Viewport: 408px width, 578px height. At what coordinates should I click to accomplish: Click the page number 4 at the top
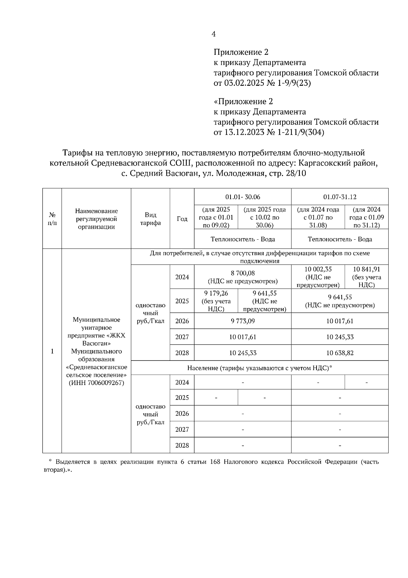[x=214, y=34]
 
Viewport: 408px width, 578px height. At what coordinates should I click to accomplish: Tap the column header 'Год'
[x=182, y=219]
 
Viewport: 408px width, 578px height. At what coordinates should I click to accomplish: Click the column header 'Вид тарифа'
[x=150, y=219]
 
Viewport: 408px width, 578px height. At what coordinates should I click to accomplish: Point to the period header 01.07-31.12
[x=340, y=197]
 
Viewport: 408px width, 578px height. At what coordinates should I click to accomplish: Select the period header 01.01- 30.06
[x=242, y=197]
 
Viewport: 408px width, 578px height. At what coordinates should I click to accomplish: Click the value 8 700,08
[x=243, y=273]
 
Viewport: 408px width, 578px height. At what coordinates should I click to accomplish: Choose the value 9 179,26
[x=216, y=293]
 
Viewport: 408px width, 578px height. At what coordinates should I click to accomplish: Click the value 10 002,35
[x=318, y=269]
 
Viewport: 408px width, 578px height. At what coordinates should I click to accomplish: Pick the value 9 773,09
[x=243, y=321]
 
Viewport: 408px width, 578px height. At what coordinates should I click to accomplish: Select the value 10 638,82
[x=340, y=353]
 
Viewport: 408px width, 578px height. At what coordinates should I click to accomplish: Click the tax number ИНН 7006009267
[x=97, y=383]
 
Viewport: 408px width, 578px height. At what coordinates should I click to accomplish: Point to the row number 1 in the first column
[x=52, y=351]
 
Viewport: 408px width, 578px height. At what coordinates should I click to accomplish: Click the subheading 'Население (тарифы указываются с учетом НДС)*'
[x=259, y=368]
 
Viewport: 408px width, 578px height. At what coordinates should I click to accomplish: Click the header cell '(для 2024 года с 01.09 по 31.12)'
[x=367, y=217]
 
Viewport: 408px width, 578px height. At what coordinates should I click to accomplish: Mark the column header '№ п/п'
[x=52, y=219]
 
